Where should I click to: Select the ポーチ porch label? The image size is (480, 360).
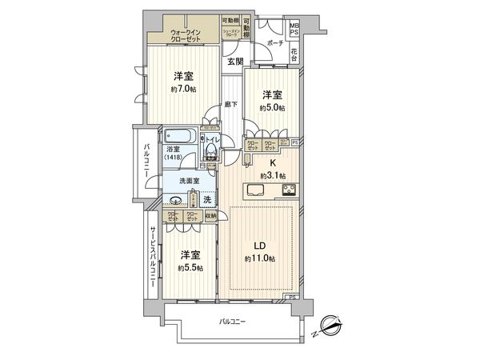(275, 43)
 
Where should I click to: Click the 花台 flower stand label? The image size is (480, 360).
(294, 57)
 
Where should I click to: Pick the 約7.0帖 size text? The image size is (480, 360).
(182, 90)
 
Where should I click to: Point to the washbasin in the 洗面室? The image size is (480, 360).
(175, 201)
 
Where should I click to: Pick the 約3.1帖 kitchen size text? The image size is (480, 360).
(273, 175)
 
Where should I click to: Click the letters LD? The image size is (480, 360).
(260, 246)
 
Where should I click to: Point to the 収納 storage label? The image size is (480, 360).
(210, 216)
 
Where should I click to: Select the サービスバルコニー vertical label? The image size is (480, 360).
(153, 261)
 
